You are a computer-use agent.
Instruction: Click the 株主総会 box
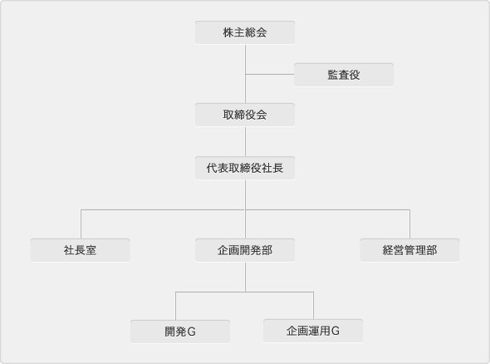pos(245,32)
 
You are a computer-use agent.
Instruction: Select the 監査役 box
pos(344,75)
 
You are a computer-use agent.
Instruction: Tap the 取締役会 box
pos(245,115)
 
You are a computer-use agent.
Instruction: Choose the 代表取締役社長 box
pos(245,168)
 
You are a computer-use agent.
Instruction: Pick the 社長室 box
pos(80,250)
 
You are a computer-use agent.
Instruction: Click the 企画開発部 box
pos(245,250)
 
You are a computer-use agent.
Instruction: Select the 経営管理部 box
pos(409,250)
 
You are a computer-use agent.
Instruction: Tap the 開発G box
pos(180,332)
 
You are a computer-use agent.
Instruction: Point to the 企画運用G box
pos(313,331)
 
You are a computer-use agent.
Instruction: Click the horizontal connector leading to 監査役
pos(270,75)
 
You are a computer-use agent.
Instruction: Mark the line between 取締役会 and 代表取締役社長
pos(245,141)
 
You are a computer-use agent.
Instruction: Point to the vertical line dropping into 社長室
pos(81,224)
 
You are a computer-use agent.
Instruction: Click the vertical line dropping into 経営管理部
pos(409,224)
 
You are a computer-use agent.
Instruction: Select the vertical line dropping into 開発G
pos(175,306)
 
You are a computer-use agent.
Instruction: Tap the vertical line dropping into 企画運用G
pos(313,306)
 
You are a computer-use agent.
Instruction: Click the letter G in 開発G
pos(192,332)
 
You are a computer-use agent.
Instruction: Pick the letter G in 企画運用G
pos(336,331)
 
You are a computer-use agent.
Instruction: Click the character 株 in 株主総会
pos(228,32)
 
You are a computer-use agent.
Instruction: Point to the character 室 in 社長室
pos(91,250)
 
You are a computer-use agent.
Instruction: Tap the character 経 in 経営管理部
pos(388,250)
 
